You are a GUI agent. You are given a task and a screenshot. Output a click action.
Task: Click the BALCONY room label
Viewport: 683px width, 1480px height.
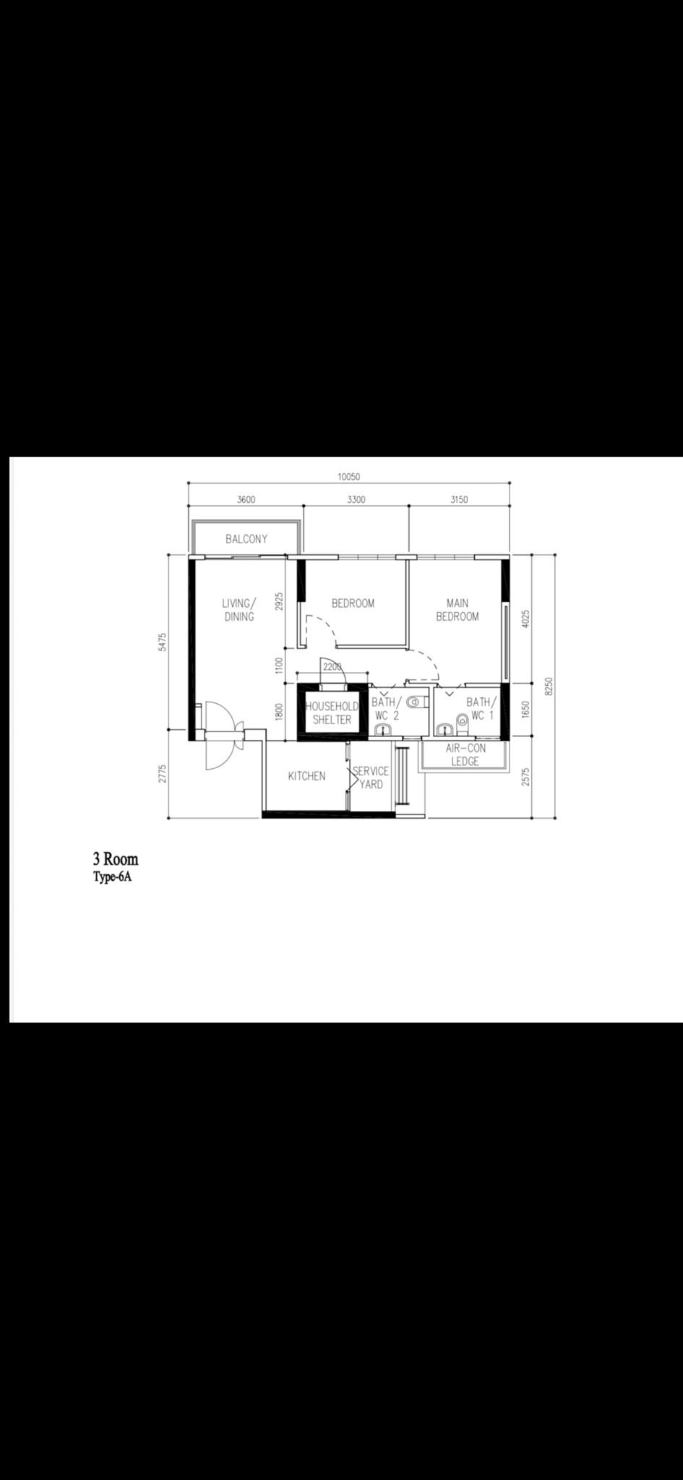click(x=246, y=539)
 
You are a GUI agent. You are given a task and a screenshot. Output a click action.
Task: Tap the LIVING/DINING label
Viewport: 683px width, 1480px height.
click(x=239, y=610)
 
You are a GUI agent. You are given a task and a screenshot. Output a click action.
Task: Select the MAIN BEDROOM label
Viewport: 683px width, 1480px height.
click(x=458, y=610)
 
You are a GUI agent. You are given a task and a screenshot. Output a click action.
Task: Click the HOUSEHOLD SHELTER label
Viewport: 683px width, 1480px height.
click(x=332, y=713)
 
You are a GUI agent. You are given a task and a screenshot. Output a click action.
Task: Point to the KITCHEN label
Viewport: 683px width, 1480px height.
click(x=306, y=776)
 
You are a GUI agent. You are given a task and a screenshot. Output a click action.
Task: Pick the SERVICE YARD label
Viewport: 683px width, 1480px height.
click(x=371, y=778)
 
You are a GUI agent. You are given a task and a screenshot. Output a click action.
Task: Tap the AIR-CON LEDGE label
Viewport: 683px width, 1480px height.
click(x=465, y=755)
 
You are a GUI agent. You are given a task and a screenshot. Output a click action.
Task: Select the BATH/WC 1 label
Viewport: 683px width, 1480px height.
click(x=481, y=709)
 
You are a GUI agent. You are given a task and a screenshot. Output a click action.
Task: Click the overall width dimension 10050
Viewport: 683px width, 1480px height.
click(x=348, y=477)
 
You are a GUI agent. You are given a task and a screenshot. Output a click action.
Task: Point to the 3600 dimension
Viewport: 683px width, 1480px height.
click(x=246, y=499)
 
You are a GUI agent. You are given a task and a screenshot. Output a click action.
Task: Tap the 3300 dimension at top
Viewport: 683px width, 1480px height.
click(x=356, y=499)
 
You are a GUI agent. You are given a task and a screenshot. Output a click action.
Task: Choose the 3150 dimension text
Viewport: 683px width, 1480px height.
click(x=459, y=499)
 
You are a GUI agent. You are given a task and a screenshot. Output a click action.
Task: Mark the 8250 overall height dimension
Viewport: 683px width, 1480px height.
click(x=549, y=687)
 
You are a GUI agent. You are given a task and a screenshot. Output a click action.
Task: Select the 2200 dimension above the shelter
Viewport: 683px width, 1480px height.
click(x=332, y=666)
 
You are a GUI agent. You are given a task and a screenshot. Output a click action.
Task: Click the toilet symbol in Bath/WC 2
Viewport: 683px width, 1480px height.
click(x=413, y=702)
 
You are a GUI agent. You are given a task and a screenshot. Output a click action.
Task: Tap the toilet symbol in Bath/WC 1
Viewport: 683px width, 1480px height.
click(x=461, y=720)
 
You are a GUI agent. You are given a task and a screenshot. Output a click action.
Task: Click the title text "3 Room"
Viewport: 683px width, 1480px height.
click(x=115, y=860)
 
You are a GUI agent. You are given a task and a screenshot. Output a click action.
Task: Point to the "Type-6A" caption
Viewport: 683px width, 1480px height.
click(x=112, y=879)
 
